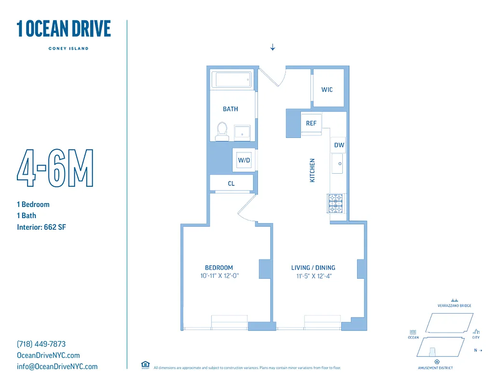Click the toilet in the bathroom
coord(222,131)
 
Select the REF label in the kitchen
coord(311,124)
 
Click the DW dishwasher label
coord(339,145)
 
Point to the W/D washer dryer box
coord(244,160)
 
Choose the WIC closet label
coord(327,90)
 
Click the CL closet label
coord(231,184)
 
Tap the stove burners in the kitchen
coord(336,203)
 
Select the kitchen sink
coord(337,164)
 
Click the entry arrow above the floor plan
coord(272,47)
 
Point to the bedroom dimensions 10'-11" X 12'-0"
coord(219,276)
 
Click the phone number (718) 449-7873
coord(41,344)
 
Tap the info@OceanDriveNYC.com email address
coord(57,366)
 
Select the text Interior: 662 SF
coord(41,227)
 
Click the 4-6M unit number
coord(55,169)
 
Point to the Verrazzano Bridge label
coord(454,305)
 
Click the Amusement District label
coord(435,368)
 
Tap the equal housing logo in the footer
coord(145,365)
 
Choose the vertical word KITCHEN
coord(312,170)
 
